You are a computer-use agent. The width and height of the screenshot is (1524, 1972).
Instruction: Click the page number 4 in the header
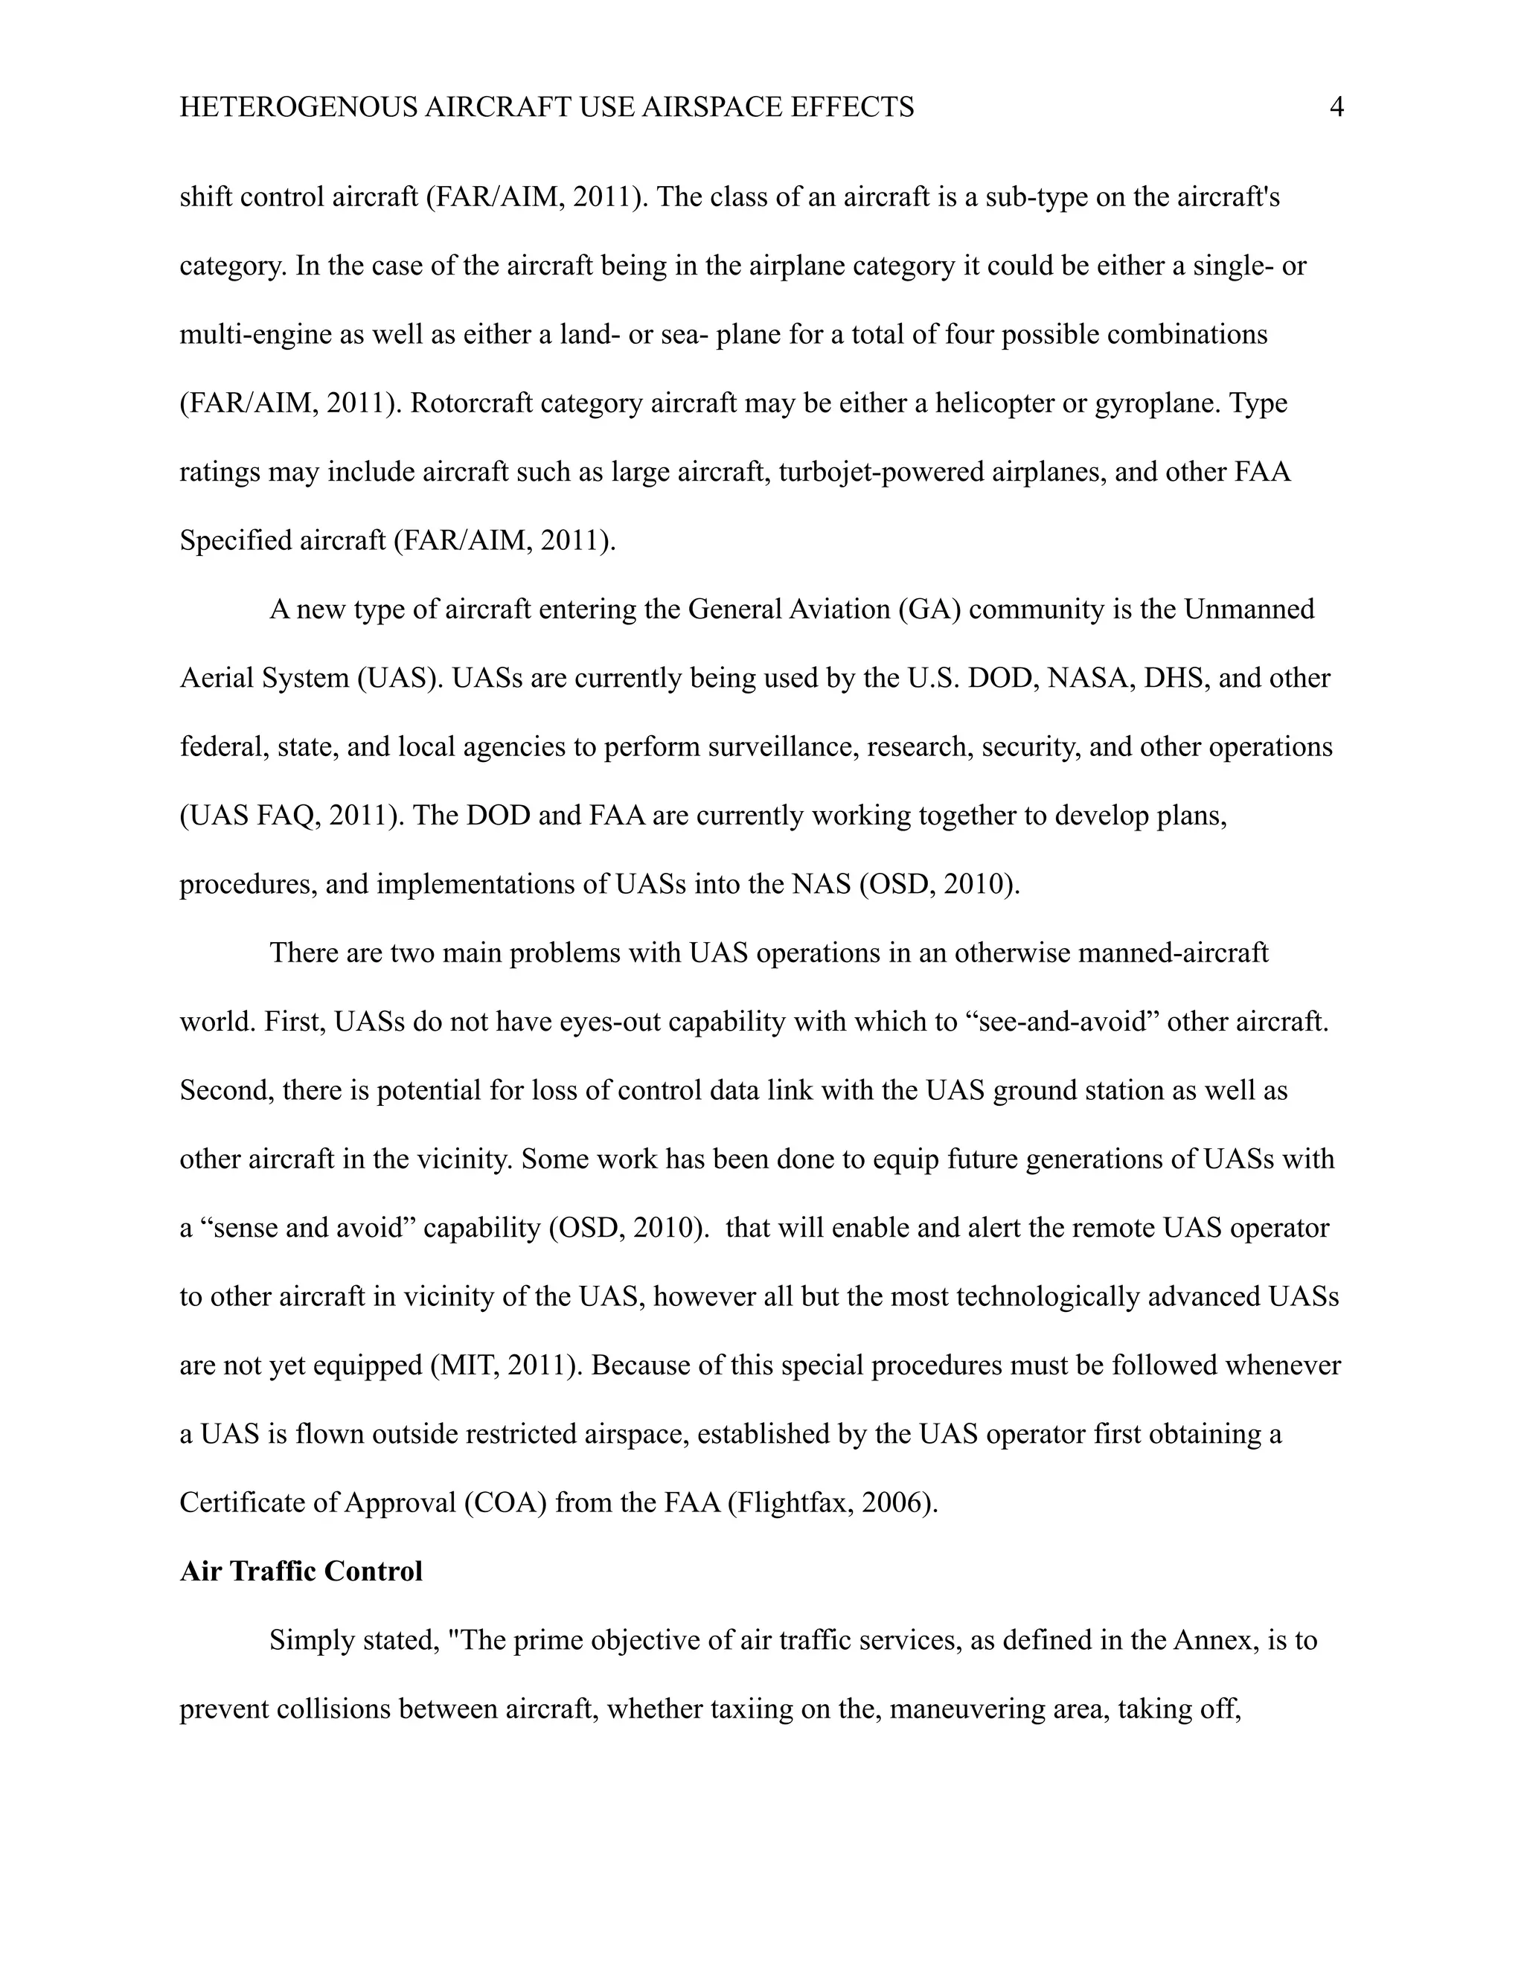coord(1337,107)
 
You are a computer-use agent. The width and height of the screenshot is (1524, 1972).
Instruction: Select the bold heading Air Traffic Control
coord(301,1571)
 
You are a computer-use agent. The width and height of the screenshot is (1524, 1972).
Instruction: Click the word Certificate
coord(237,1502)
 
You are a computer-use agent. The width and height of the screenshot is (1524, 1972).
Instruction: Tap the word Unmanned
coord(1249,609)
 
